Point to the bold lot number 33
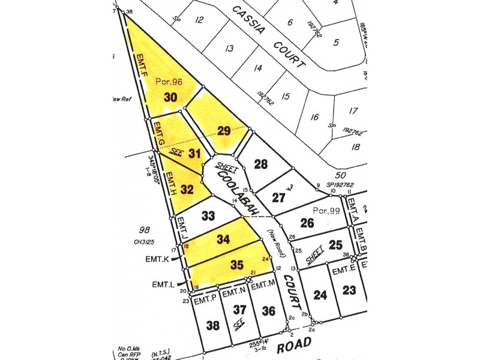208,215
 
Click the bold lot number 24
320,295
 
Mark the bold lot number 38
213,326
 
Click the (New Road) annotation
276,241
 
